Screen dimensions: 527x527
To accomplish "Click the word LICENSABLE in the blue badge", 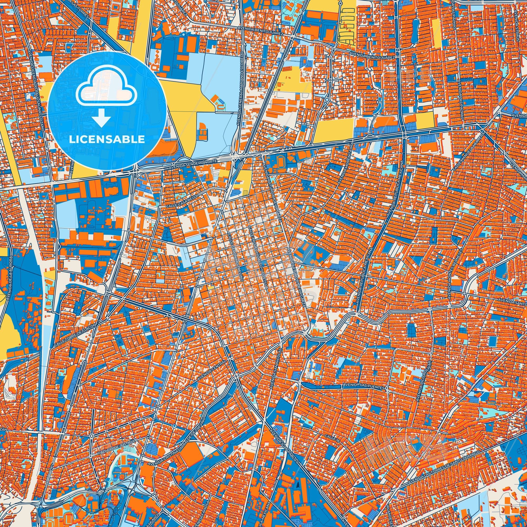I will tap(107, 139).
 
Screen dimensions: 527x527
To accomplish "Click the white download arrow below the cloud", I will tap(101, 117).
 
